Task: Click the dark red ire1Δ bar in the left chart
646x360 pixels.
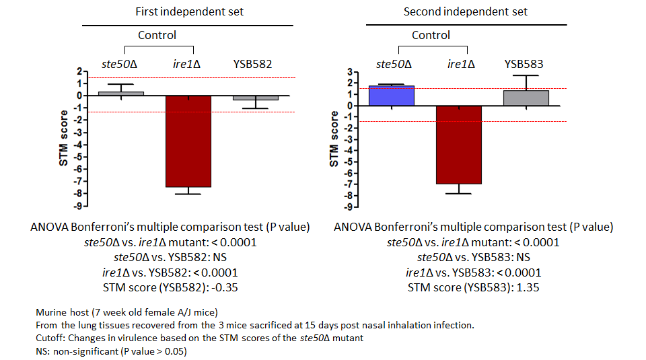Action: (188, 141)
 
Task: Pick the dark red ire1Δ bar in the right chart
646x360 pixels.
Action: (460, 145)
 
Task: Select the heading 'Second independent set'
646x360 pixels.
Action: (466, 11)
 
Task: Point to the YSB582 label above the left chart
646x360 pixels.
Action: (253, 65)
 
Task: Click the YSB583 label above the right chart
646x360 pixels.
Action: (524, 65)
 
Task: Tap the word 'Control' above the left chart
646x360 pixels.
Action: (157, 35)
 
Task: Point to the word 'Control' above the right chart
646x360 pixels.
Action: (431, 35)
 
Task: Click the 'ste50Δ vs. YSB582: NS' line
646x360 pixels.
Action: (169, 257)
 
